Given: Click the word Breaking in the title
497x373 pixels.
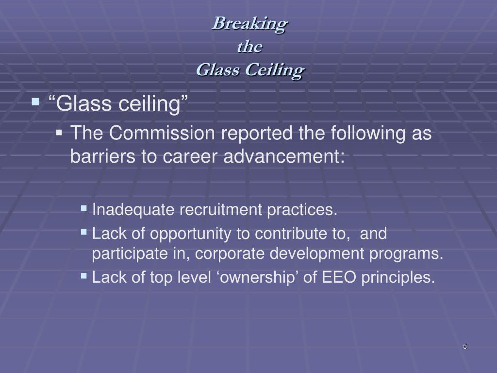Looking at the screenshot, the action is [250, 24].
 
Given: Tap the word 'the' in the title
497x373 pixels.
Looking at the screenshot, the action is [250, 47].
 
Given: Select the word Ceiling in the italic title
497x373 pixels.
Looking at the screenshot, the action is [275, 70].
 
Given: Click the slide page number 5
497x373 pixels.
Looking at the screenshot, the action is [465, 346].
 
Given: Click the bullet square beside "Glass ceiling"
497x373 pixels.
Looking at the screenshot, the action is [36, 102].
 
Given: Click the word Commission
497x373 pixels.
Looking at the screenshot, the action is [162, 133].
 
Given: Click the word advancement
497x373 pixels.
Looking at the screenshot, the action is [284, 156].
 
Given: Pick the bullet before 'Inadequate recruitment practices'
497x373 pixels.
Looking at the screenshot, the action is [83, 208].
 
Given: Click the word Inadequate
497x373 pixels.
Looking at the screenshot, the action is [133, 210].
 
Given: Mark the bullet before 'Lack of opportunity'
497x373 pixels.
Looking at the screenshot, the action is [83, 232].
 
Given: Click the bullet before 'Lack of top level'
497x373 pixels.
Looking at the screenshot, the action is [83, 276].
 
